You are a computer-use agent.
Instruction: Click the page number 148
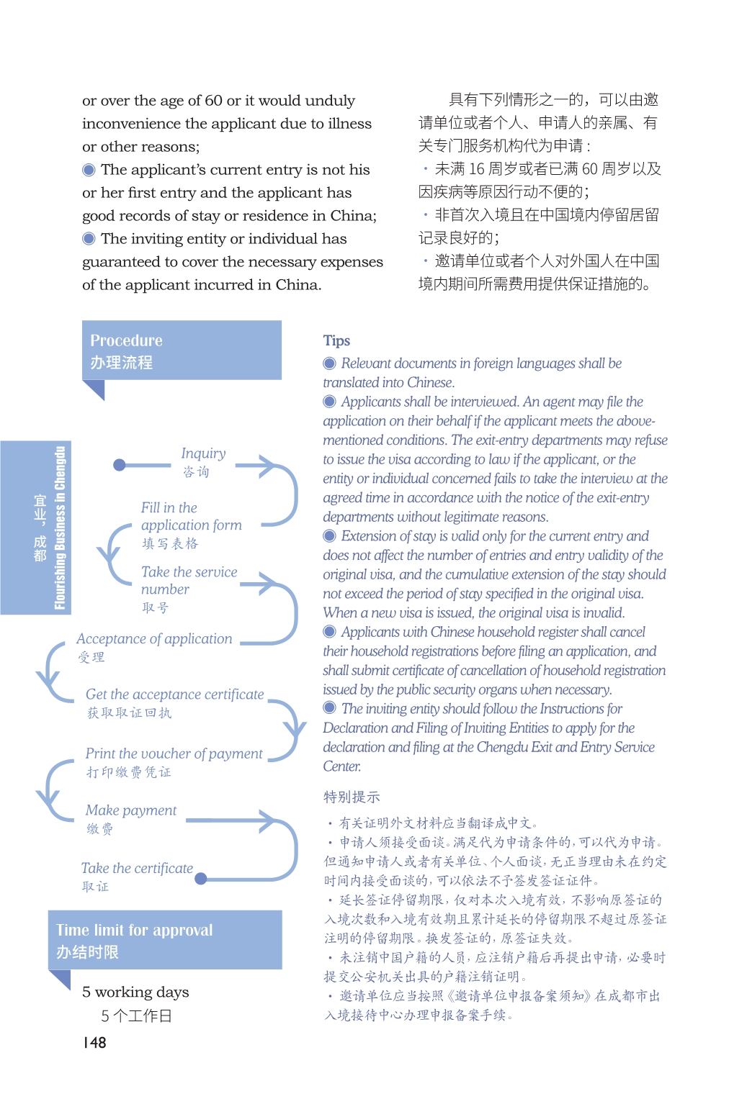tap(94, 1042)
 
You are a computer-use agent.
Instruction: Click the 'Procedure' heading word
tap(126, 340)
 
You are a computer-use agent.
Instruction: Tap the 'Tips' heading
tap(336, 340)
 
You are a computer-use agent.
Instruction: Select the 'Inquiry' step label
tap(203, 453)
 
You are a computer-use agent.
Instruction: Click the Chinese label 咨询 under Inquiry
tap(196, 472)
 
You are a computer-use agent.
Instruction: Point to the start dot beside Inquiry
tap(120, 465)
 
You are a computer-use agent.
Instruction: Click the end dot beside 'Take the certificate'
tap(201, 878)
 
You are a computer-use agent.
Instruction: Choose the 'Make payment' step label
tap(130, 810)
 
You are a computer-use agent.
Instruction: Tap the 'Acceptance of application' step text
tap(154, 639)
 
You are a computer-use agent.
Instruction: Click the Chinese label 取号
tap(155, 608)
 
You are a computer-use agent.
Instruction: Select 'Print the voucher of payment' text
tap(174, 754)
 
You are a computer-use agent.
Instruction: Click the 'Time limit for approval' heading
tap(135, 930)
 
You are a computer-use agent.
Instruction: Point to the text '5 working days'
tap(135, 992)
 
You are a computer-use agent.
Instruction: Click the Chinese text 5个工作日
tap(136, 1016)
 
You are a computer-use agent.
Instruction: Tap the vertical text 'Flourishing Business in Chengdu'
tap(60, 528)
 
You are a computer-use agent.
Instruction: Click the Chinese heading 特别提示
tap(352, 797)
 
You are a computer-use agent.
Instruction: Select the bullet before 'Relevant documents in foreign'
tap(330, 363)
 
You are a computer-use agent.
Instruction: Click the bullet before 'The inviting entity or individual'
tap(89, 239)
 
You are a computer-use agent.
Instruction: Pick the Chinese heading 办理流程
tap(121, 363)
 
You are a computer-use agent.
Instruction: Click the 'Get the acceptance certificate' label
tap(175, 694)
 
